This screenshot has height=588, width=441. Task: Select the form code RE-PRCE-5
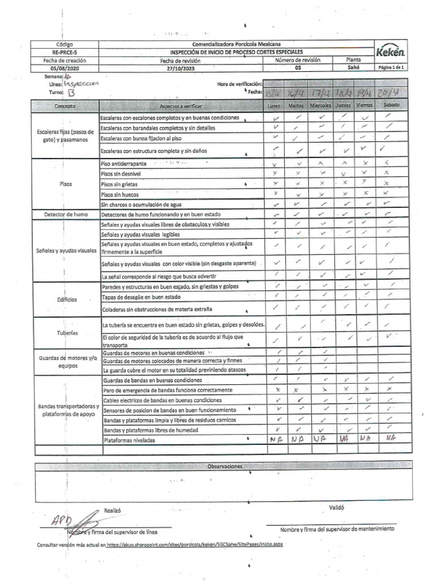[x=64, y=52]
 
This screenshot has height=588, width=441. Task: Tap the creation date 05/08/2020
[x=64, y=67]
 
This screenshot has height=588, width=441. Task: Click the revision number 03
[x=297, y=67]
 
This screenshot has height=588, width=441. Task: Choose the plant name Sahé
[x=353, y=67]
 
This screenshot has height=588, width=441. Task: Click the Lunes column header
[x=274, y=106]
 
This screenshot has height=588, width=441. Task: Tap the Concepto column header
[x=65, y=106]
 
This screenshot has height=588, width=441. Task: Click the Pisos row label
[x=65, y=184]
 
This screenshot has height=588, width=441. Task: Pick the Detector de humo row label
[x=65, y=214]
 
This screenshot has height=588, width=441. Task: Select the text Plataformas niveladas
[x=130, y=440]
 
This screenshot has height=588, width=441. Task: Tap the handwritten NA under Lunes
[x=276, y=439]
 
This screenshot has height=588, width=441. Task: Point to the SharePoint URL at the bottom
[x=195, y=544]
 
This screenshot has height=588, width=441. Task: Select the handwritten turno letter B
[x=71, y=92]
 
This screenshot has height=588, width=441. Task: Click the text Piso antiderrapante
[x=123, y=164]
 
